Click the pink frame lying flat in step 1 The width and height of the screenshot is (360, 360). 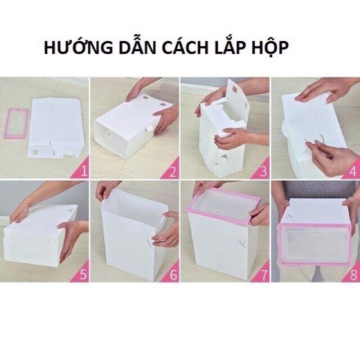pyautogui.click(x=6, y=124)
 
